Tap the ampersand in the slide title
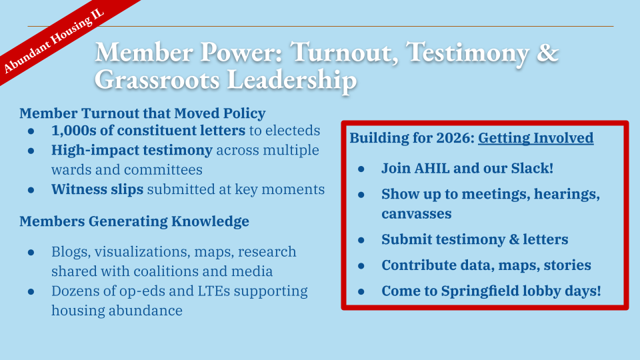click(548, 53)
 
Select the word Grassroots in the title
click(157, 79)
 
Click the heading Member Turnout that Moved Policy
click(142, 113)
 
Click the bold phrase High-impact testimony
click(131, 150)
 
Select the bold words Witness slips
click(97, 189)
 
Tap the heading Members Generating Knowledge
click(134, 221)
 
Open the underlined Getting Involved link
click(535, 138)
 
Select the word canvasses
click(416, 213)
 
